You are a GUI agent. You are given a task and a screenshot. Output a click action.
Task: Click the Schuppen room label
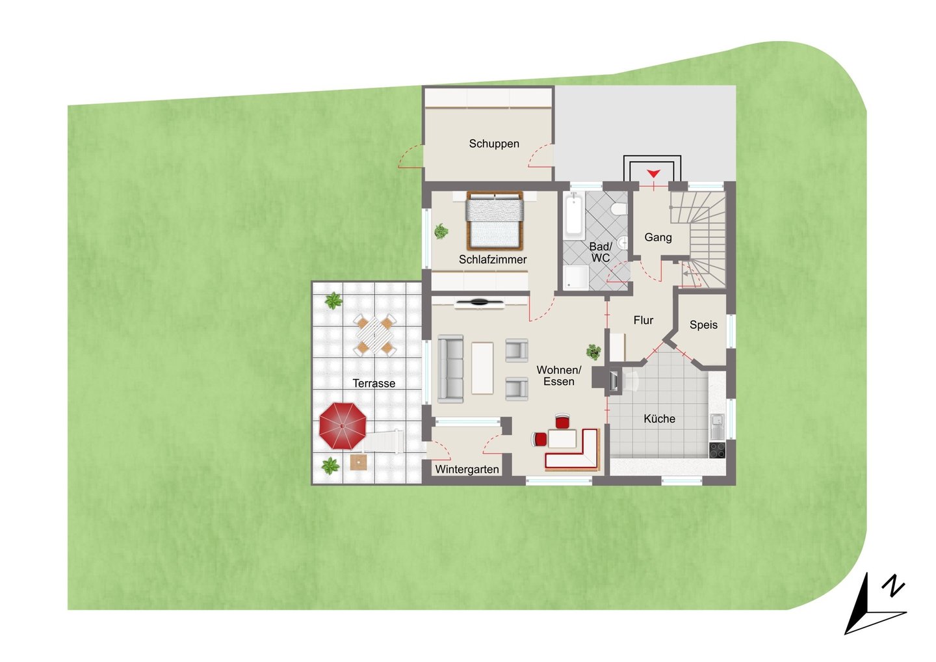pyautogui.click(x=494, y=144)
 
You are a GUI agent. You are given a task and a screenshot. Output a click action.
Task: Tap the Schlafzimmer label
pyautogui.click(x=493, y=259)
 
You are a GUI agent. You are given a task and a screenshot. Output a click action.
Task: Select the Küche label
pyautogui.click(x=659, y=419)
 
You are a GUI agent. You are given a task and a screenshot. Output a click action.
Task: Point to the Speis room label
pyautogui.click(x=703, y=324)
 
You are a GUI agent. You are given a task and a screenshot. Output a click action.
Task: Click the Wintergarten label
pyautogui.click(x=467, y=470)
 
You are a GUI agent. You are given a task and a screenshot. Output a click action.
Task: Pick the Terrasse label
pyautogui.click(x=374, y=383)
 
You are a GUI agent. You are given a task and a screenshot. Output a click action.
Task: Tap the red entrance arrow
pyautogui.click(x=653, y=174)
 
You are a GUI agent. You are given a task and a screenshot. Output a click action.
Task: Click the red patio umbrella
pyautogui.click(x=343, y=426)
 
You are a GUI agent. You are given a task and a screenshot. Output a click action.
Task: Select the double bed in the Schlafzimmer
pyautogui.click(x=495, y=220)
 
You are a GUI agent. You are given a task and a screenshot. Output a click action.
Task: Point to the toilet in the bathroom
pyautogui.click(x=619, y=208)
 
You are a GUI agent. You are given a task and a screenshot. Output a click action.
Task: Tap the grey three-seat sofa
pyautogui.click(x=450, y=369)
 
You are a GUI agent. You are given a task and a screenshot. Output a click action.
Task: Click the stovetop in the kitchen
pyautogui.click(x=717, y=450)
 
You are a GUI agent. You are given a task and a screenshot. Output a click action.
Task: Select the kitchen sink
pyautogui.click(x=718, y=425)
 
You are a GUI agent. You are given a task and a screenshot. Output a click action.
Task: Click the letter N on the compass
pyautogui.click(x=893, y=589)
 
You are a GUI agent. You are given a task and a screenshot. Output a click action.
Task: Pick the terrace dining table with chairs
pyautogui.click(x=375, y=335)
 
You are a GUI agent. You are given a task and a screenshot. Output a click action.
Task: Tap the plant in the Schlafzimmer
pyautogui.click(x=441, y=231)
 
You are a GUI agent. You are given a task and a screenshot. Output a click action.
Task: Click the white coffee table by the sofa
pyautogui.click(x=482, y=368)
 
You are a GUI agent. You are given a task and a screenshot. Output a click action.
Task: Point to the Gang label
pyautogui.click(x=658, y=237)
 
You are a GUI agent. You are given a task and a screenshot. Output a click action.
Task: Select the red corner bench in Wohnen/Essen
pyautogui.click(x=573, y=451)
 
